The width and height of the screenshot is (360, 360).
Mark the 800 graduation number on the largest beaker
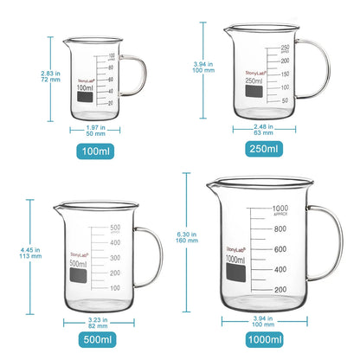click(x=280, y=229)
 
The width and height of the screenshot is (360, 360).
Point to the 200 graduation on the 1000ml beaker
click(x=280, y=289)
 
